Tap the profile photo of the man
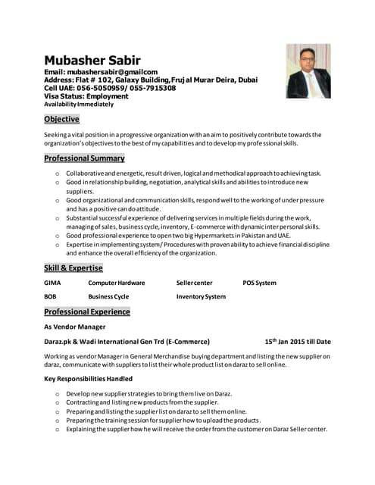(308, 70)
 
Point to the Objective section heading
(61, 119)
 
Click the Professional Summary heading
(84, 158)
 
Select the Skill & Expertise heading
(73, 268)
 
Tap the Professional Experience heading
(86, 311)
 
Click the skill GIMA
(52, 283)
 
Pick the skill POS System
(259, 283)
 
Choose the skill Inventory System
(201, 296)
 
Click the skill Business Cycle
(108, 296)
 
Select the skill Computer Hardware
(116, 283)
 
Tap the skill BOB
(50, 296)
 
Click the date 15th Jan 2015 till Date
(297, 342)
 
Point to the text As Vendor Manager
(74, 327)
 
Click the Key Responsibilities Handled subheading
(88, 378)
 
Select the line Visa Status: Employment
(86, 96)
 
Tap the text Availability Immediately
(73, 104)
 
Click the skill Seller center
(194, 283)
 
